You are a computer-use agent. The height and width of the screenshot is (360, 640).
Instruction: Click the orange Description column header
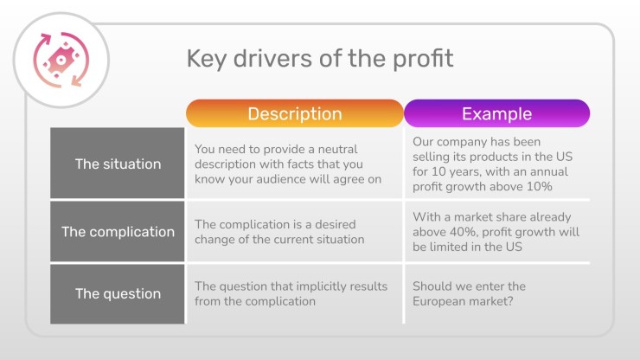coord(295,113)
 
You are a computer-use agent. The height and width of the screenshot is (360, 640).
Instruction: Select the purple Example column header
coord(496,113)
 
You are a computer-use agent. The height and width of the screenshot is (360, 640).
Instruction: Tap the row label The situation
coord(118,163)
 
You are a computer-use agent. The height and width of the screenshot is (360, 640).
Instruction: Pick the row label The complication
coord(118,231)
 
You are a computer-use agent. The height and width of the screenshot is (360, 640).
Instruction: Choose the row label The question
coord(118,294)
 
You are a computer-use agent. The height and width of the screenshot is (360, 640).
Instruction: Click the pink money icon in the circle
coord(61,60)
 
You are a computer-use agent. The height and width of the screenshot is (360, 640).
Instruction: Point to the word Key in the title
coord(206,59)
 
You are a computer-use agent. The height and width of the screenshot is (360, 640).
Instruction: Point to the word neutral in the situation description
coord(337,149)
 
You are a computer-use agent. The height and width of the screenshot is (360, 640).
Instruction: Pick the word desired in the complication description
coord(335,224)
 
